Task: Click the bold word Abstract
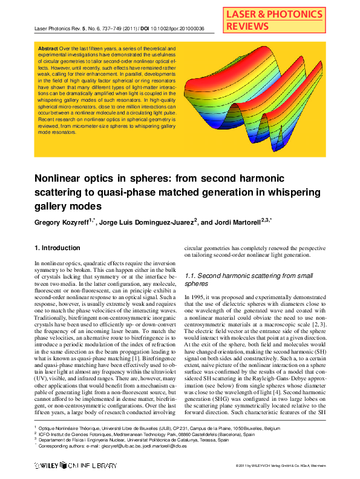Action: pos(48,48)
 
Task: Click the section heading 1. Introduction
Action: pos(57,248)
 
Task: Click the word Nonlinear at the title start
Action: pos(59,179)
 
